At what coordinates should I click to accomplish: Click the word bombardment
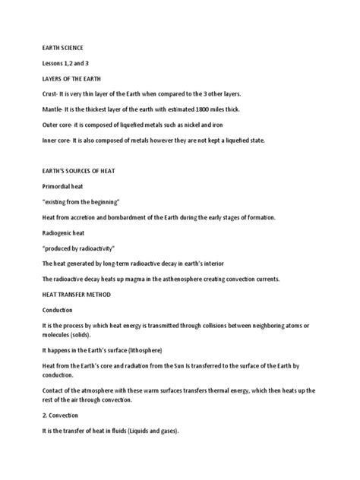point(136,218)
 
